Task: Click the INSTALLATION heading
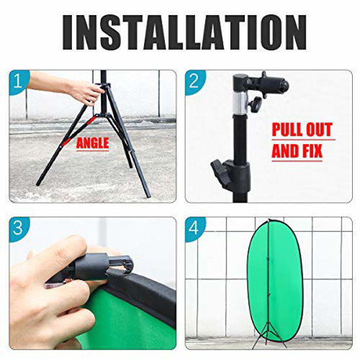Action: pyautogui.click(x=180, y=31)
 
